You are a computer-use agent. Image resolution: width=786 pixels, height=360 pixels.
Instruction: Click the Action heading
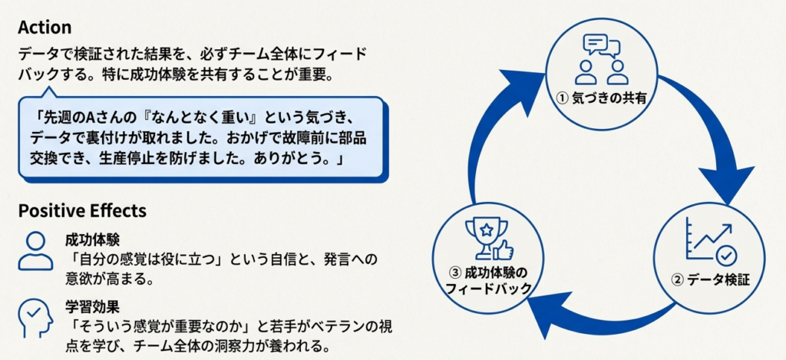pos(45,28)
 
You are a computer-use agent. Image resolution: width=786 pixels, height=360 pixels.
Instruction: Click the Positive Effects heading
pos(81,210)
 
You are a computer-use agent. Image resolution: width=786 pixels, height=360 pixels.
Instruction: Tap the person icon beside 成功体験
pos(36,249)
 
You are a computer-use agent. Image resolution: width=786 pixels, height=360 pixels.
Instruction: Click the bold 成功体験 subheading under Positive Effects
pos(92,240)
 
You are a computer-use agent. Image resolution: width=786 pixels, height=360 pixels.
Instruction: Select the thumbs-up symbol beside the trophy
pos(503,249)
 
